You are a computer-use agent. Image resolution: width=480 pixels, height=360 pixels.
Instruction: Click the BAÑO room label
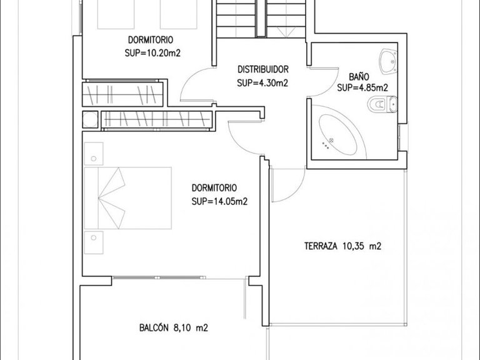point(359,76)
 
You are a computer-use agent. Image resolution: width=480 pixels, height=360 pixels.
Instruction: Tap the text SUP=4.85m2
point(362,87)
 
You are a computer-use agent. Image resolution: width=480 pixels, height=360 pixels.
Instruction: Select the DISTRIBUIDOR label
point(262,69)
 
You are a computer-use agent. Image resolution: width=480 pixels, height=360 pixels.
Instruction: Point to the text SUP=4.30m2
point(262,82)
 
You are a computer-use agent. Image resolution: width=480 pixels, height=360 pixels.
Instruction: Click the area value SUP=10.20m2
point(152,53)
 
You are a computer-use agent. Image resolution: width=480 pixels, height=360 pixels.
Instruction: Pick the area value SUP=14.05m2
point(219,201)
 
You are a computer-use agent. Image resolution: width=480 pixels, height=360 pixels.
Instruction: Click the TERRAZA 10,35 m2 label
point(342,246)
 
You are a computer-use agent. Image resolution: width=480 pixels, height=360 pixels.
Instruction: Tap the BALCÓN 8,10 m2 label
point(173,326)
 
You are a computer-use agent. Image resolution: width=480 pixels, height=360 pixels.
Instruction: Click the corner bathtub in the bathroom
point(336,134)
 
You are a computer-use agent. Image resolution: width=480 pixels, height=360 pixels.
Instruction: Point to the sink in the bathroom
point(389,60)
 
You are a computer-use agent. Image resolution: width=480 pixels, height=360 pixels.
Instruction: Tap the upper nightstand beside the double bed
point(94,152)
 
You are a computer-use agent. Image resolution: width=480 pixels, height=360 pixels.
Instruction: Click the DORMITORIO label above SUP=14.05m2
point(214,187)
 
